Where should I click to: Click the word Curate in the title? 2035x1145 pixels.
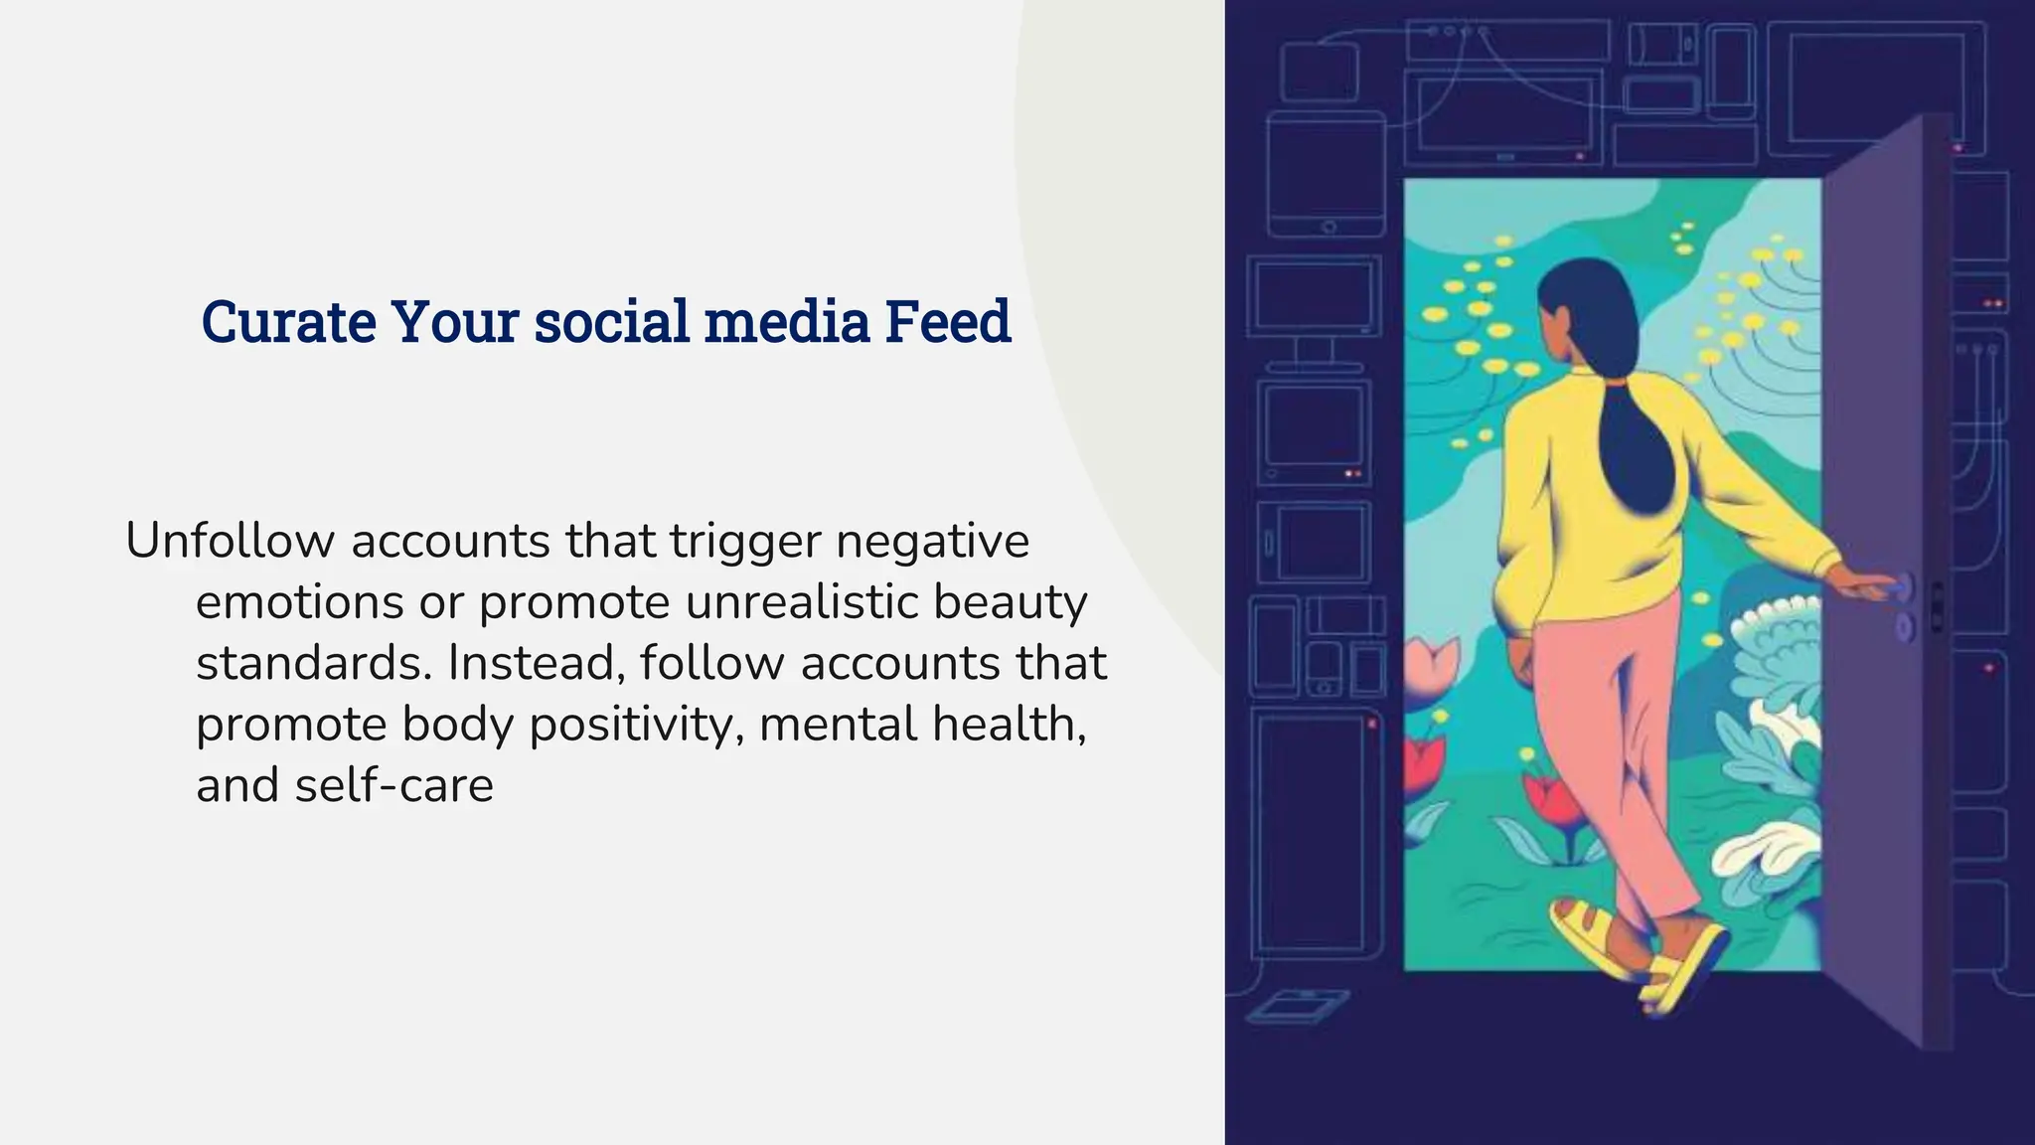pyautogui.click(x=288, y=322)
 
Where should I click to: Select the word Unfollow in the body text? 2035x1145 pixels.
pyautogui.click(x=231, y=542)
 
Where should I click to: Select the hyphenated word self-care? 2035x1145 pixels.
pyautogui.click(x=393, y=785)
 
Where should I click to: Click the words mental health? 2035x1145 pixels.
pyautogui.click(x=922, y=724)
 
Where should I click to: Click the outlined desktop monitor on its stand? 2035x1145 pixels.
pyautogui.click(x=1314, y=308)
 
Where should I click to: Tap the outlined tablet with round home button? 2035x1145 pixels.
pyautogui.click(x=1327, y=174)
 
